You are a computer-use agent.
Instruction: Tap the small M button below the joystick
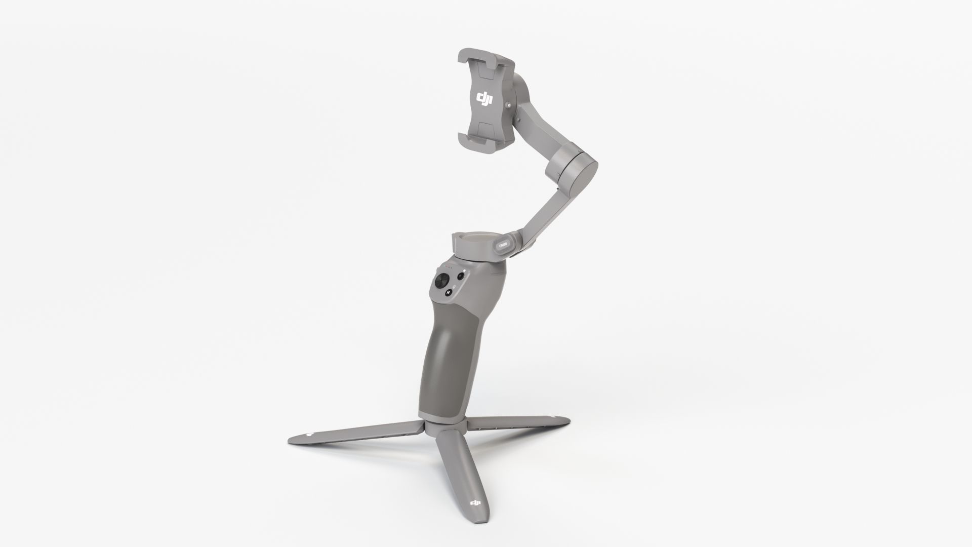coord(449,292)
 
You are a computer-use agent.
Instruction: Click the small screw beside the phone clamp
coord(522,104)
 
